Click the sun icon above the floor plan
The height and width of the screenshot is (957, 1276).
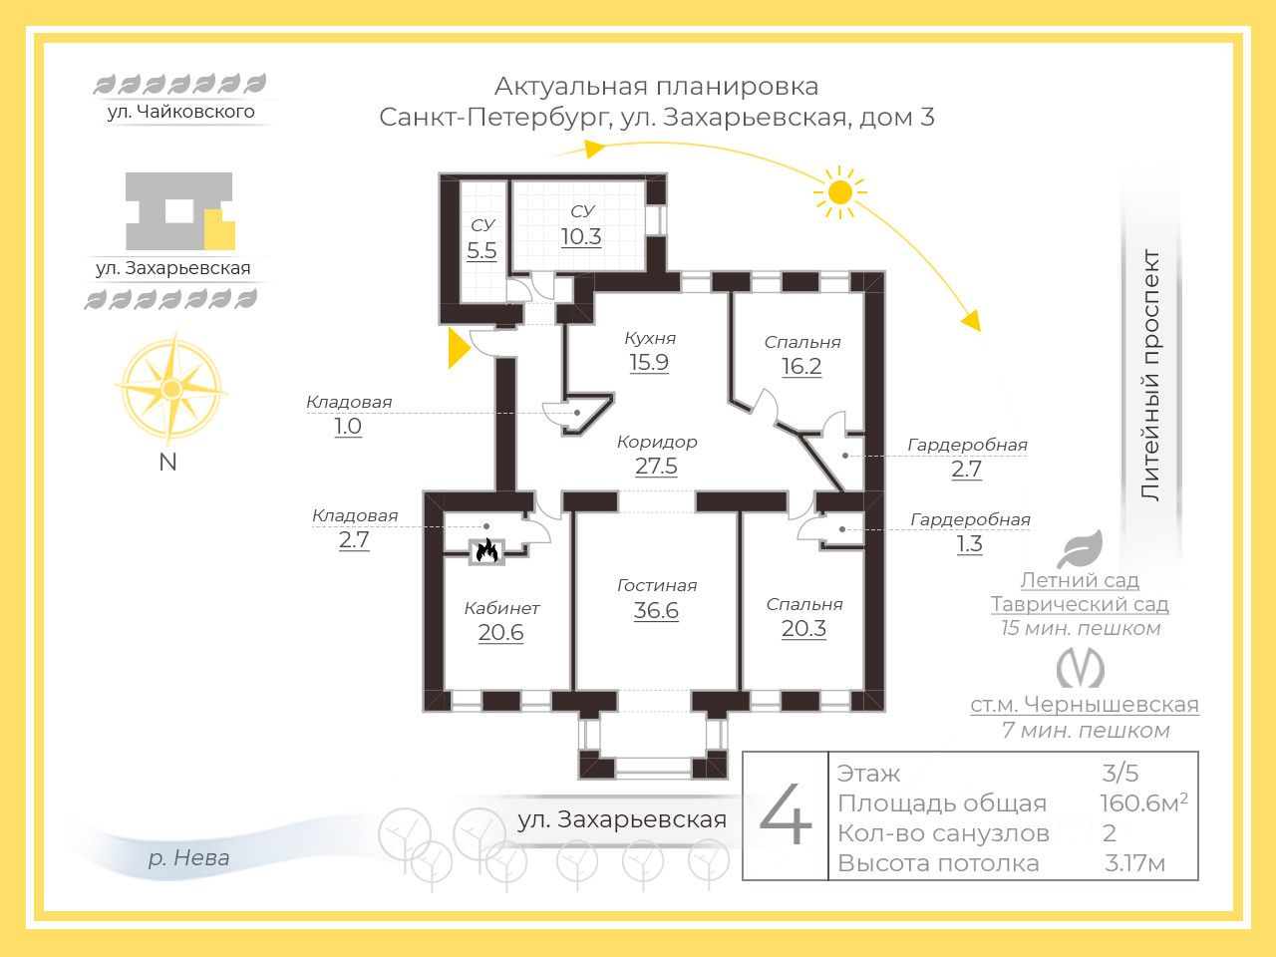pos(839,190)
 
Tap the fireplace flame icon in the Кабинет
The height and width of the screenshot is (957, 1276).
pos(486,549)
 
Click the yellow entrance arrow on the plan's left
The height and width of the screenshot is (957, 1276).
pos(458,348)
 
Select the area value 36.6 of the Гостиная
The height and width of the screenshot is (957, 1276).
pos(656,611)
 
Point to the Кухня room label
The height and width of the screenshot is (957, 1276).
pos(649,338)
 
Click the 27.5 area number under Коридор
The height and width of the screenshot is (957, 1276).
pos(656,467)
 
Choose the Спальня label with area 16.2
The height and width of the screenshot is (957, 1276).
pos(802,342)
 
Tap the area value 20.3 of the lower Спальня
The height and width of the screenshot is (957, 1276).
pos(803,629)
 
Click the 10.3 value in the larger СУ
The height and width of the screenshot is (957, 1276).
pos(581,237)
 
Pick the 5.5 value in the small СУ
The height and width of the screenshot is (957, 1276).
pos(481,251)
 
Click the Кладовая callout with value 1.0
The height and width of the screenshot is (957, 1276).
pos(348,427)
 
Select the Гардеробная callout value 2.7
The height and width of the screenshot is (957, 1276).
pos(966,470)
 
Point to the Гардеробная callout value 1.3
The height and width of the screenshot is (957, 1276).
pos(969,544)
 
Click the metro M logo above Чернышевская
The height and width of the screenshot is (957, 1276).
pos(1081,668)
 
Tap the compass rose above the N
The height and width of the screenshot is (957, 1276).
pos(171,389)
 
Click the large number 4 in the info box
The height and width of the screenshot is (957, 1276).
pos(786,815)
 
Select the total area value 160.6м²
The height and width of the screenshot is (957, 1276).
pos(1142,803)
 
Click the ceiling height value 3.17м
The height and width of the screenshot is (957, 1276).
pos(1134,863)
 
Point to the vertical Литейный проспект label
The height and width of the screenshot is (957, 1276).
pos(1150,375)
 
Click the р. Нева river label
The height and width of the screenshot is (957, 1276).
pos(188,857)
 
